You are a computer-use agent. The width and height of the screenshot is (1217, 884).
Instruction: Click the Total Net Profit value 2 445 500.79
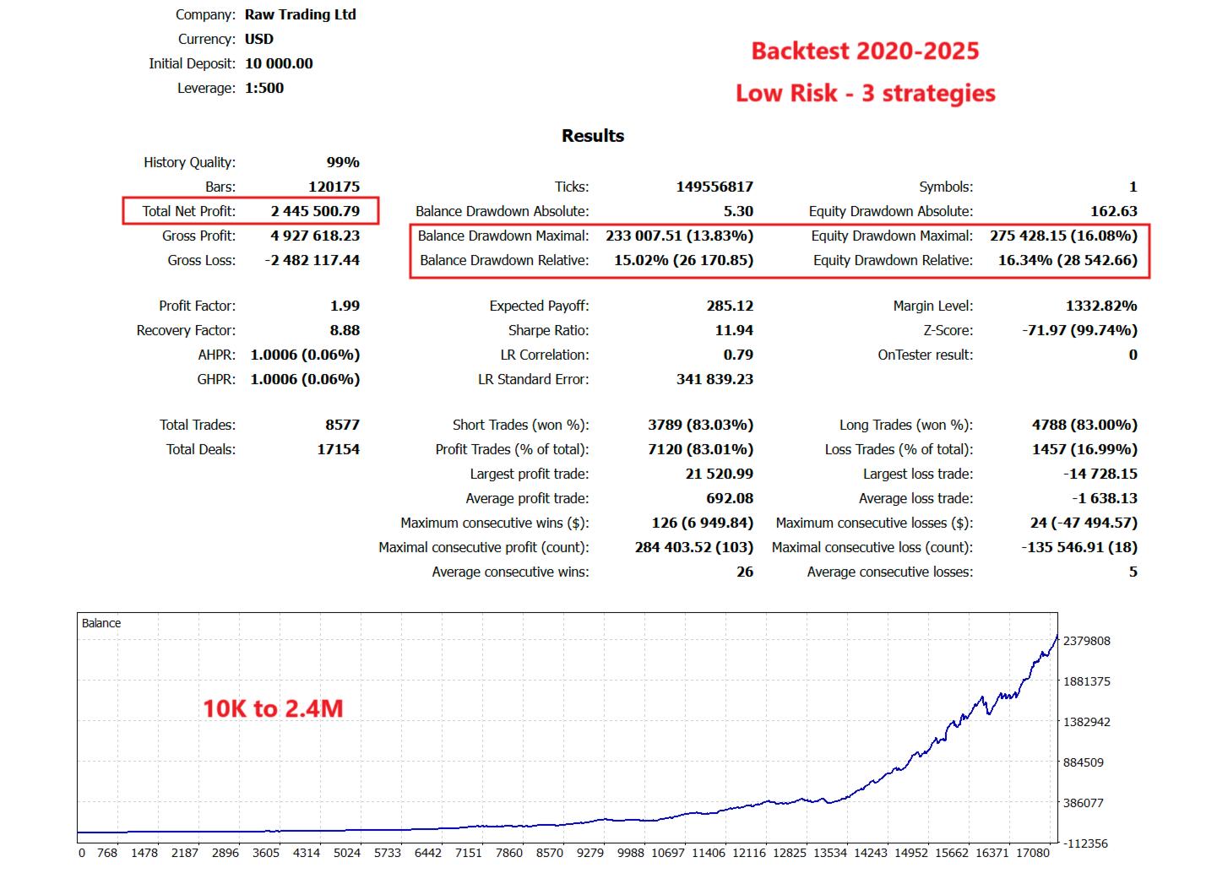click(315, 211)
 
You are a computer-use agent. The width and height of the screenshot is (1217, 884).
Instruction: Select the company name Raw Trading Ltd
click(301, 14)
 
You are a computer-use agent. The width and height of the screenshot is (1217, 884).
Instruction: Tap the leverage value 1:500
click(264, 88)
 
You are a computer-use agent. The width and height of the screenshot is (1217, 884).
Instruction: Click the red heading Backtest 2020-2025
click(865, 51)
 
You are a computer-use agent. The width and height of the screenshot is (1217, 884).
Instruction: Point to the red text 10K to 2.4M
click(273, 708)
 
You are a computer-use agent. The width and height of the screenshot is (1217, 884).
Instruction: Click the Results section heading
click(593, 136)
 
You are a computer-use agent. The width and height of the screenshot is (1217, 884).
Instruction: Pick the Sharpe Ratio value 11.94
click(734, 330)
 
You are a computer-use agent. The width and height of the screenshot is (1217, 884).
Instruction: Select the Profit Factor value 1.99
click(345, 306)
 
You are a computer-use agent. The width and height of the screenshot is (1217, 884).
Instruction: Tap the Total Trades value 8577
click(342, 425)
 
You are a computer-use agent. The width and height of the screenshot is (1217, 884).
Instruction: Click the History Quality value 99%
click(343, 162)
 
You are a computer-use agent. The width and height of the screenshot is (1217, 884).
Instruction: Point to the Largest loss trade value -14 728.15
click(1100, 474)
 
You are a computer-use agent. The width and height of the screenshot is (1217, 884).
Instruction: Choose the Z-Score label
click(948, 330)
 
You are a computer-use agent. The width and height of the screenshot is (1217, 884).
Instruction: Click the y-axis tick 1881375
click(1086, 681)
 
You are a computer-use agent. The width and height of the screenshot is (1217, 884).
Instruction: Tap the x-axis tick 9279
click(590, 853)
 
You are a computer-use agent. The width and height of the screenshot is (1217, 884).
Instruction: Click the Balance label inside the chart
click(101, 623)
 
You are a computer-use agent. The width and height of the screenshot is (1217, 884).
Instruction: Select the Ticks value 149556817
click(714, 187)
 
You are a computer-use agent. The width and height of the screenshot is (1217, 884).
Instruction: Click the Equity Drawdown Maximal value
click(1063, 236)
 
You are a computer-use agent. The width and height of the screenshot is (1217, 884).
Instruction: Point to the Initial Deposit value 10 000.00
click(279, 63)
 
